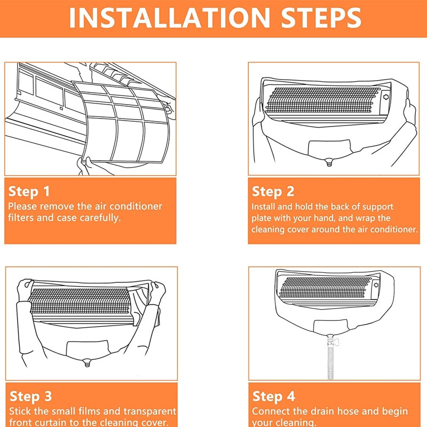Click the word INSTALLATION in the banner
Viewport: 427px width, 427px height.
pyautogui.click(x=169, y=18)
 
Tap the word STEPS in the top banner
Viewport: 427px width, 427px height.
pyautogui.click(x=321, y=18)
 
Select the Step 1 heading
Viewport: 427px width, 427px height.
pyautogui.click(x=29, y=192)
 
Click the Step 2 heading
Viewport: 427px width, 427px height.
pyautogui.click(x=273, y=192)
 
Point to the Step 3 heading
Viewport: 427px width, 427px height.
pyautogui.click(x=30, y=397)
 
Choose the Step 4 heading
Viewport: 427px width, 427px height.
pyautogui.click(x=274, y=397)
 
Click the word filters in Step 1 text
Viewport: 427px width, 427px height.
pyautogui.click(x=21, y=218)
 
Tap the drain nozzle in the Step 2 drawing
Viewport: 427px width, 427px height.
pyautogui.click(x=329, y=163)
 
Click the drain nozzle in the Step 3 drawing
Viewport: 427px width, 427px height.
pyautogui.click(x=87, y=363)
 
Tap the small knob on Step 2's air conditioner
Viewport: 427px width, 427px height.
pyautogui.click(x=386, y=97)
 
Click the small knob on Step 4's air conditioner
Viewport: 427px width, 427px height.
pyautogui.click(x=376, y=285)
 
